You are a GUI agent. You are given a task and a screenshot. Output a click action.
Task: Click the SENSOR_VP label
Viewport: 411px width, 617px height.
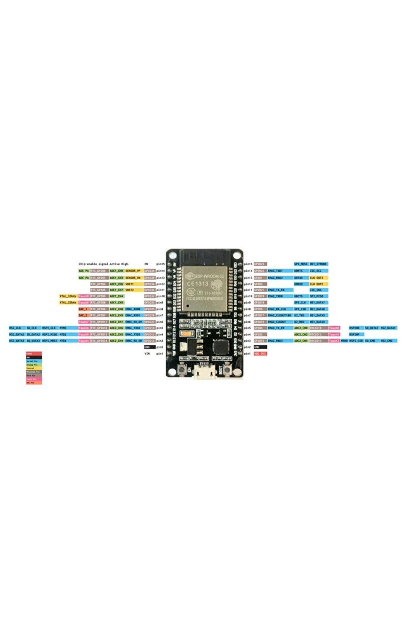pyautogui.click(x=133, y=271)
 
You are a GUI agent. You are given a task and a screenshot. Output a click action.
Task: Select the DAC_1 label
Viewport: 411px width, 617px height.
pyautogui.click(x=83, y=309)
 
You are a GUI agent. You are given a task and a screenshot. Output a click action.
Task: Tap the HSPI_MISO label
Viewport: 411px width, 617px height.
pyautogui.click(x=50, y=334)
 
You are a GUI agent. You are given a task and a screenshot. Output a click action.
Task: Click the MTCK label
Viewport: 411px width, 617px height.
pyautogui.click(x=63, y=341)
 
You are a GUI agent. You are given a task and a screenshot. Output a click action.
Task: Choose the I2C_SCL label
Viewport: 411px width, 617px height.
pyautogui.click(x=316, y=271)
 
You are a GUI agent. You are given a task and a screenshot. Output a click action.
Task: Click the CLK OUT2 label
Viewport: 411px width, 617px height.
pyautogui.click(x=317, y=284)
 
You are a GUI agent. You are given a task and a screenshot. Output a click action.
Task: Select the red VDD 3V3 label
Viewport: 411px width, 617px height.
pyautogui.click(x=260, y=354)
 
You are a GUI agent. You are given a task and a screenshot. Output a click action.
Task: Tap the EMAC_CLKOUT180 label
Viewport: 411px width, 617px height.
pyautogui.click(x=279, y=315)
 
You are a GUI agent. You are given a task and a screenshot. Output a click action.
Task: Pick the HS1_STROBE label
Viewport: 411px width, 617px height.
pyautogui.click(x=318, y=264)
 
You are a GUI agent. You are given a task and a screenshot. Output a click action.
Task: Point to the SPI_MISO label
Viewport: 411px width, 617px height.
pyautogui.click(x=317, y=296)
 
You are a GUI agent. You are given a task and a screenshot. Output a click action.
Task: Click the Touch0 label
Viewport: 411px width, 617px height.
pyautogui.click(x=334, y=328)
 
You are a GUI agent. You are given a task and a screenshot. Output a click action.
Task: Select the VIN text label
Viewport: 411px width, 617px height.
pyautogui.click(x=147, y=354)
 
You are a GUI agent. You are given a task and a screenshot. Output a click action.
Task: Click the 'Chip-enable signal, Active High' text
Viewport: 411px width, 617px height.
pyautogui.click(x=104, y=264)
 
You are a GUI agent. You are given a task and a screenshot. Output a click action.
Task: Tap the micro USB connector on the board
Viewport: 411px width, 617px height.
pyautogui.click(x=204, y=372)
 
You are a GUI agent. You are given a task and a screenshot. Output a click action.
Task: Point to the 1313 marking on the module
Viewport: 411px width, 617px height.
pyautogui.click(x=202, y=284)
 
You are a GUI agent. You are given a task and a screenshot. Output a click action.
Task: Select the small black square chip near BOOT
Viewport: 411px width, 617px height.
pyautogui.click(x=220, y=348)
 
